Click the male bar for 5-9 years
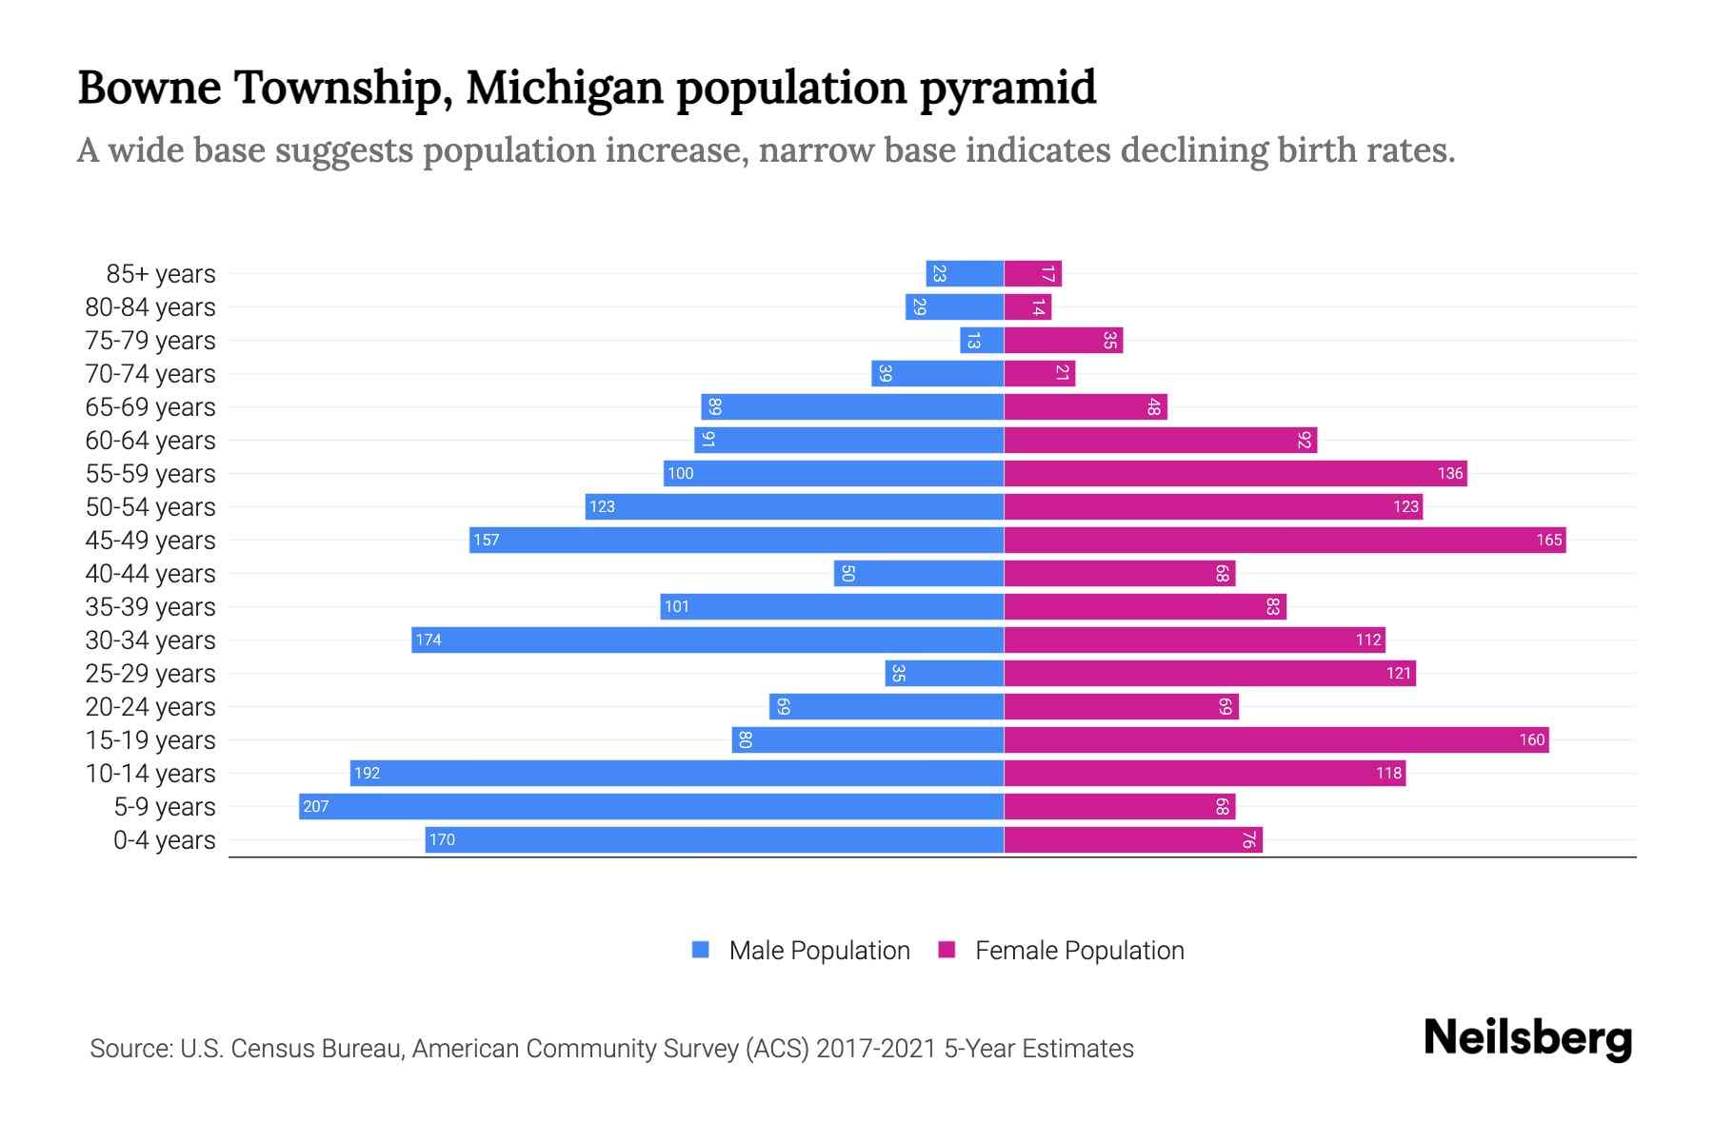click(651, 807)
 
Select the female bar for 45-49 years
click(1285, 541)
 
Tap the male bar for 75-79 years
click(982, 341)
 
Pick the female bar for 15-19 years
click(1276, 740)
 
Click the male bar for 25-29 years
click(945, 674)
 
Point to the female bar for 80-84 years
click(1027, 307)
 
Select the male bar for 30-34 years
click(708, 640)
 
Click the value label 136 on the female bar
click(1449, 474)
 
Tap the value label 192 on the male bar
click(367, 774)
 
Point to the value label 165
click(1548, 541)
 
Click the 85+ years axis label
click(160, 274)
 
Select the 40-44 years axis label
click(150, 574)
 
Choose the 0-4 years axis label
click(164, 840)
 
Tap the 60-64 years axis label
click(150, 441)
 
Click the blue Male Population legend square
click(701, 950)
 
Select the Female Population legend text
click(1079, 951)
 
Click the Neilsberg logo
click(1527, 1038)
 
